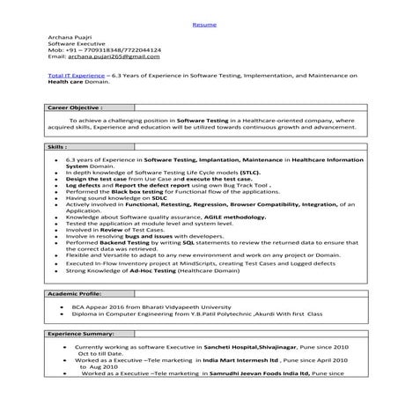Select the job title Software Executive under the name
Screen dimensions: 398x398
(76, 43)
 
